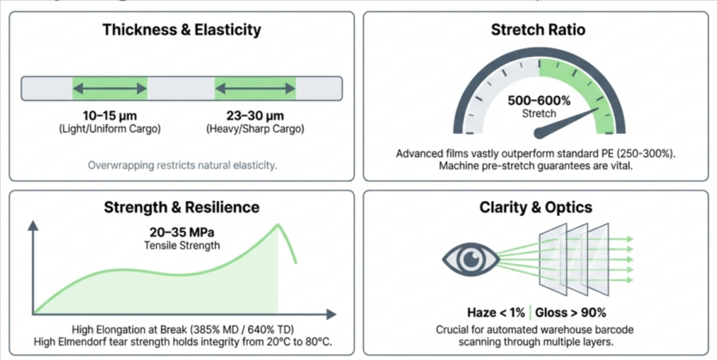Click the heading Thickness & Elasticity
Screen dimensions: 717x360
pyautogui.click(x=182, y=30)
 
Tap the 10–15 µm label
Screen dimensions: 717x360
pyautogui.click(x=110, y=115)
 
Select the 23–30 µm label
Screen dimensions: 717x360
pyautogui.click(x=255, y=115)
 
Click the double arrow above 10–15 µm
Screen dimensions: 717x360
pyautogui.click(x=110, y=88)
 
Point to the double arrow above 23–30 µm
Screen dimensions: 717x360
pyautogui.click(x=255, y=88)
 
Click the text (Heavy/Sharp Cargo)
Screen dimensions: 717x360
pyautogui.click(x=255, y=129)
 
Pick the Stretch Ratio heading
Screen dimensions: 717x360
pyautogui.click(x=537, y=30)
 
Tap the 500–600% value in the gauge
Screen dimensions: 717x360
pyautogui.click(x=539, y=101)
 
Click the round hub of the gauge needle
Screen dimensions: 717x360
pyautogui.click(x=540, y=133)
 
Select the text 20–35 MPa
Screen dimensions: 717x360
pyautogui.click(x=182, y=232)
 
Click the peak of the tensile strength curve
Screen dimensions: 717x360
pyautogui.click(x=277, y=224)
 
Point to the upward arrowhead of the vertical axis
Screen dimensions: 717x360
pyautogui.click(x=33, y=225)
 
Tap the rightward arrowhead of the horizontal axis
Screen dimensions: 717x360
pyautogui.click(x=331, y=314)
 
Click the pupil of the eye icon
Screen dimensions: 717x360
pyautogui.click(x=470, y=259)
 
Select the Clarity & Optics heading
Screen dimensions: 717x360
pyautogui.click(x=535, y=207)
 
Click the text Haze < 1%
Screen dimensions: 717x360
pyautogui.click(x=496, y=313)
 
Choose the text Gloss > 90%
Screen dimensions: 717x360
pyautogui.click(x=571, y=313)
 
